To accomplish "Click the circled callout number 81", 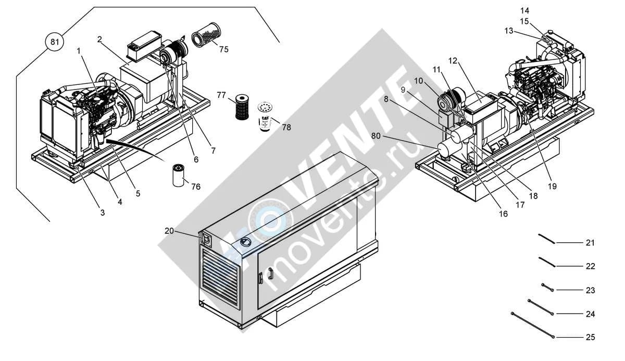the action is [55, 42].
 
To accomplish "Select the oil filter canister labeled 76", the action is [179, 176].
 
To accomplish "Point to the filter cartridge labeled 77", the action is [242, 107].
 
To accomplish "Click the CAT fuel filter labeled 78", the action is [265, 116].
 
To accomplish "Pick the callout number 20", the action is [169, 231].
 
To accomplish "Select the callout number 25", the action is [590, 337].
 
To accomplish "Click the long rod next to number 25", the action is [533, 325].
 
